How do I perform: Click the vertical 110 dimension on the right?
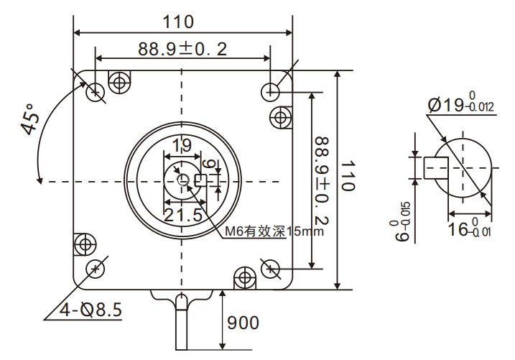348,177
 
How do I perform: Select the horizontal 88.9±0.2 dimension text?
182,49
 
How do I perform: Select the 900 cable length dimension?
243,323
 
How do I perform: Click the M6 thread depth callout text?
275,231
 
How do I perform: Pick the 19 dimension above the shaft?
182,146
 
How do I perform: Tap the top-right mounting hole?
271,91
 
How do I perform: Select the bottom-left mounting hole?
95,269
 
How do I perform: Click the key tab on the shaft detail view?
436,167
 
